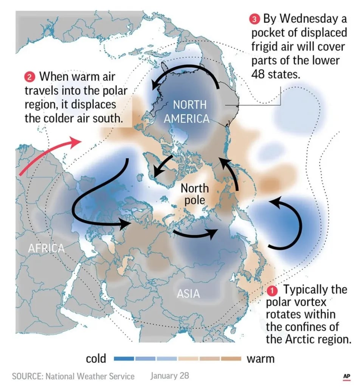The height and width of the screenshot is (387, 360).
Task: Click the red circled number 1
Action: [272, 291]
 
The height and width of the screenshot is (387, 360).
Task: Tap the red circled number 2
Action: [30, 77]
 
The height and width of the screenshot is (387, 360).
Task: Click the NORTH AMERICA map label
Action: [186, 111]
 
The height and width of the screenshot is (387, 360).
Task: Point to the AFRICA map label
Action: [46, 248]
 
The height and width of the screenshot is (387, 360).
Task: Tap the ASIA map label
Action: [188, 293]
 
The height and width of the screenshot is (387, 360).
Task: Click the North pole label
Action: [195, 193]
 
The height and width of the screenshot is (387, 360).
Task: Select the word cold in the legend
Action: [96, 358]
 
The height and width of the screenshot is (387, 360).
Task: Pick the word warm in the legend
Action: [261, 358]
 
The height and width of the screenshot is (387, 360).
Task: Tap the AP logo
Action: [346, 376]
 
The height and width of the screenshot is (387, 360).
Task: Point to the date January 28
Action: [169, 376]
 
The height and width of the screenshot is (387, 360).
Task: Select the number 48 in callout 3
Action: [259, 74]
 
